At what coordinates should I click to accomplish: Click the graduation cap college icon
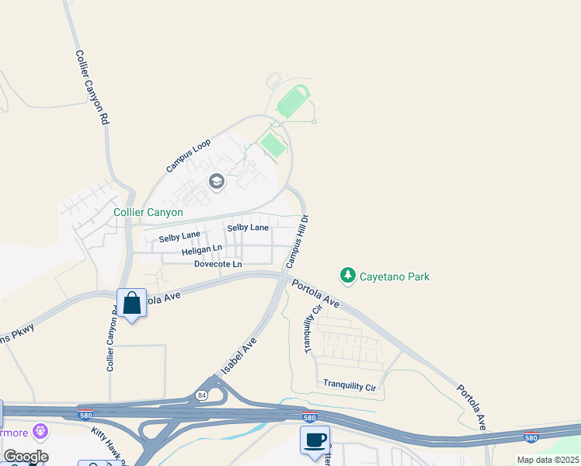pyautogui.click(x=216, y=182)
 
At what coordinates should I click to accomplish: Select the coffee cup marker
pyautogui.click(x=315, y=440)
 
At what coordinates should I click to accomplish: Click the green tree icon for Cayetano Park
pyautogui.click(x=347, y=276)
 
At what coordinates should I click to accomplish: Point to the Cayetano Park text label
pyautogui.click(x=395, y=276)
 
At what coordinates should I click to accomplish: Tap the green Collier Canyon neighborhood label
pyautogui.click(x=148, y=212)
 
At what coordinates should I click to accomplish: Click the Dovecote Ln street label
pyautogui.click(x=217, y=264)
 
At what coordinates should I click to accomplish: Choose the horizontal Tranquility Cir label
pyautogui.click(x=350, y=384)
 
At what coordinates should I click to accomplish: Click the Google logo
pyautogui.click(x=26, y=457)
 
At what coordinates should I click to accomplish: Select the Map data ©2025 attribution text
pyautogui.click(x=547, y=460)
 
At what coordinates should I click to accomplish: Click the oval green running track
pyautogui.click(x=293, y=103)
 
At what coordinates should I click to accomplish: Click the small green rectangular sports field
pyautogui.click(x=272, y=144)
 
